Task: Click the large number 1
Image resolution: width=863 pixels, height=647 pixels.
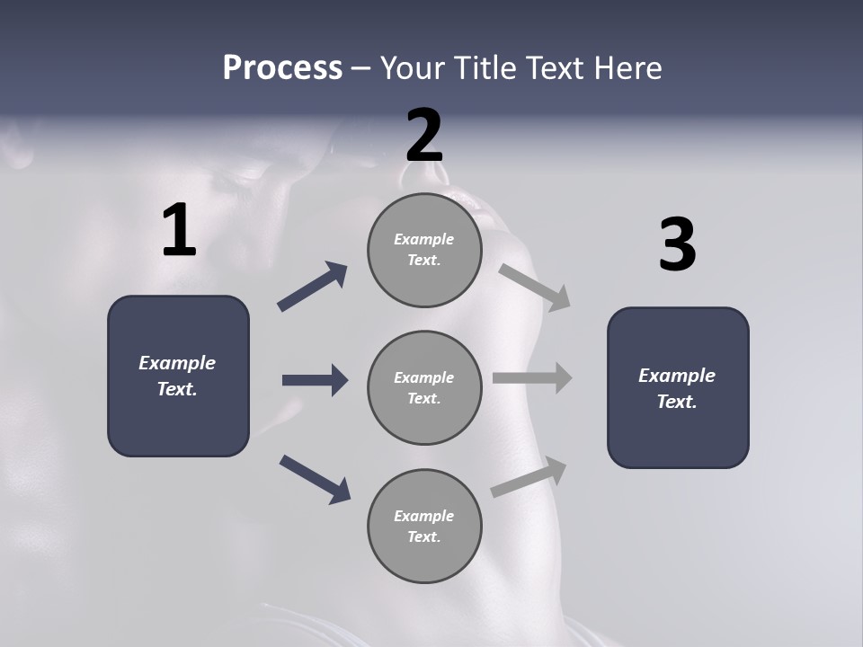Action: click(179, 231)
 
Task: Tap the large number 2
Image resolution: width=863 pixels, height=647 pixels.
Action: click(424, 136)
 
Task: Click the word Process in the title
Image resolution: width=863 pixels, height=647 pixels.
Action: click(282, 67)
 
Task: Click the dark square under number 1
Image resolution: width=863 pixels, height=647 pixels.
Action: click(178, 376)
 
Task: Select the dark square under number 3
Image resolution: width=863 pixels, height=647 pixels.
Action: click(678, 388)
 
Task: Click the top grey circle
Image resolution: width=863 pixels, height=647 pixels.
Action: click(424, 250)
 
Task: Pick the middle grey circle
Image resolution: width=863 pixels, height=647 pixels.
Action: click(424, 388)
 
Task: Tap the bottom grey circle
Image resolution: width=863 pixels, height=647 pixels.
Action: click(424, 527)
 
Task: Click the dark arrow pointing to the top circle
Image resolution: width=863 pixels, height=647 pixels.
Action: click(313, 287)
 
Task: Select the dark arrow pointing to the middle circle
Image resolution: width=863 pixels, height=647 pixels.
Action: click(315, 380)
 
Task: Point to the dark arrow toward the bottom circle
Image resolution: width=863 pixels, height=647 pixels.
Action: click(315, 479)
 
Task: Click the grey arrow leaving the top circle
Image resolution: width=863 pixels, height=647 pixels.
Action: click(535, 287)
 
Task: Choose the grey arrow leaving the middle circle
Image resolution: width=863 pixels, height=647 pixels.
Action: click(532, 377)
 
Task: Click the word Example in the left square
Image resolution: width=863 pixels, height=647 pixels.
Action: click(177, 363)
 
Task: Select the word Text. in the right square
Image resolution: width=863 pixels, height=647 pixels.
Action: click(677, 402)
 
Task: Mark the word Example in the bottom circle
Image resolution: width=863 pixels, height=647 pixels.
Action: click(424, 516)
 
